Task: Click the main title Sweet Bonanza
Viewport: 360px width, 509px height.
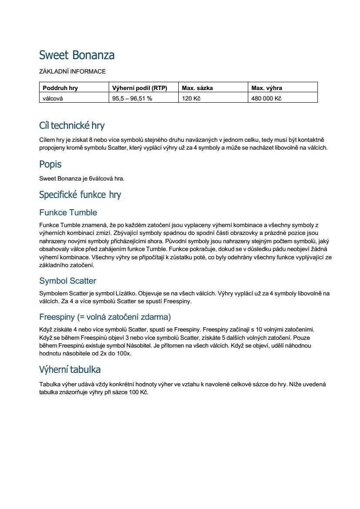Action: tap(77, 55)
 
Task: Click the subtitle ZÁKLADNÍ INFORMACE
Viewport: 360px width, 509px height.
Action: tap(72, 71)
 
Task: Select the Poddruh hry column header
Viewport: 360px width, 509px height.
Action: tap(60, 88)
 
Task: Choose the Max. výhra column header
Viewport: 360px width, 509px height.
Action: tap(267, 88)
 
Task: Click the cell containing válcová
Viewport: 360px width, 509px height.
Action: tap(53, 98)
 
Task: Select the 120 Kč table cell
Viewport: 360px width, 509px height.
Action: tap(191, 98)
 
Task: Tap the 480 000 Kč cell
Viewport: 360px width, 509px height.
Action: tap(267, 98)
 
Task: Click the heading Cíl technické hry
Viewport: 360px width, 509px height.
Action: tap(72, 126)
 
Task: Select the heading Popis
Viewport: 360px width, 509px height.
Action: tap(50, 164)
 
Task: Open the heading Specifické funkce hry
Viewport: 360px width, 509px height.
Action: tap(80, 194)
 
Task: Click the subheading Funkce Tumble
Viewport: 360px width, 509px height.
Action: tap(68, 212)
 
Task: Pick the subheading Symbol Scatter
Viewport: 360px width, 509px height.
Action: tap(67, 281)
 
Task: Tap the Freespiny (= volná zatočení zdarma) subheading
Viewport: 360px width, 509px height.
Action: tap(105, 316)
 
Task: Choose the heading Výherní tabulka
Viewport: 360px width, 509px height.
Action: tap(70, 369)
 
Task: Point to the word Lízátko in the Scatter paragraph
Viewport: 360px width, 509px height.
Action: tap(125, 294)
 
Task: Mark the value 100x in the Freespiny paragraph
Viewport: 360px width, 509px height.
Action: tap(124, 354)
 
